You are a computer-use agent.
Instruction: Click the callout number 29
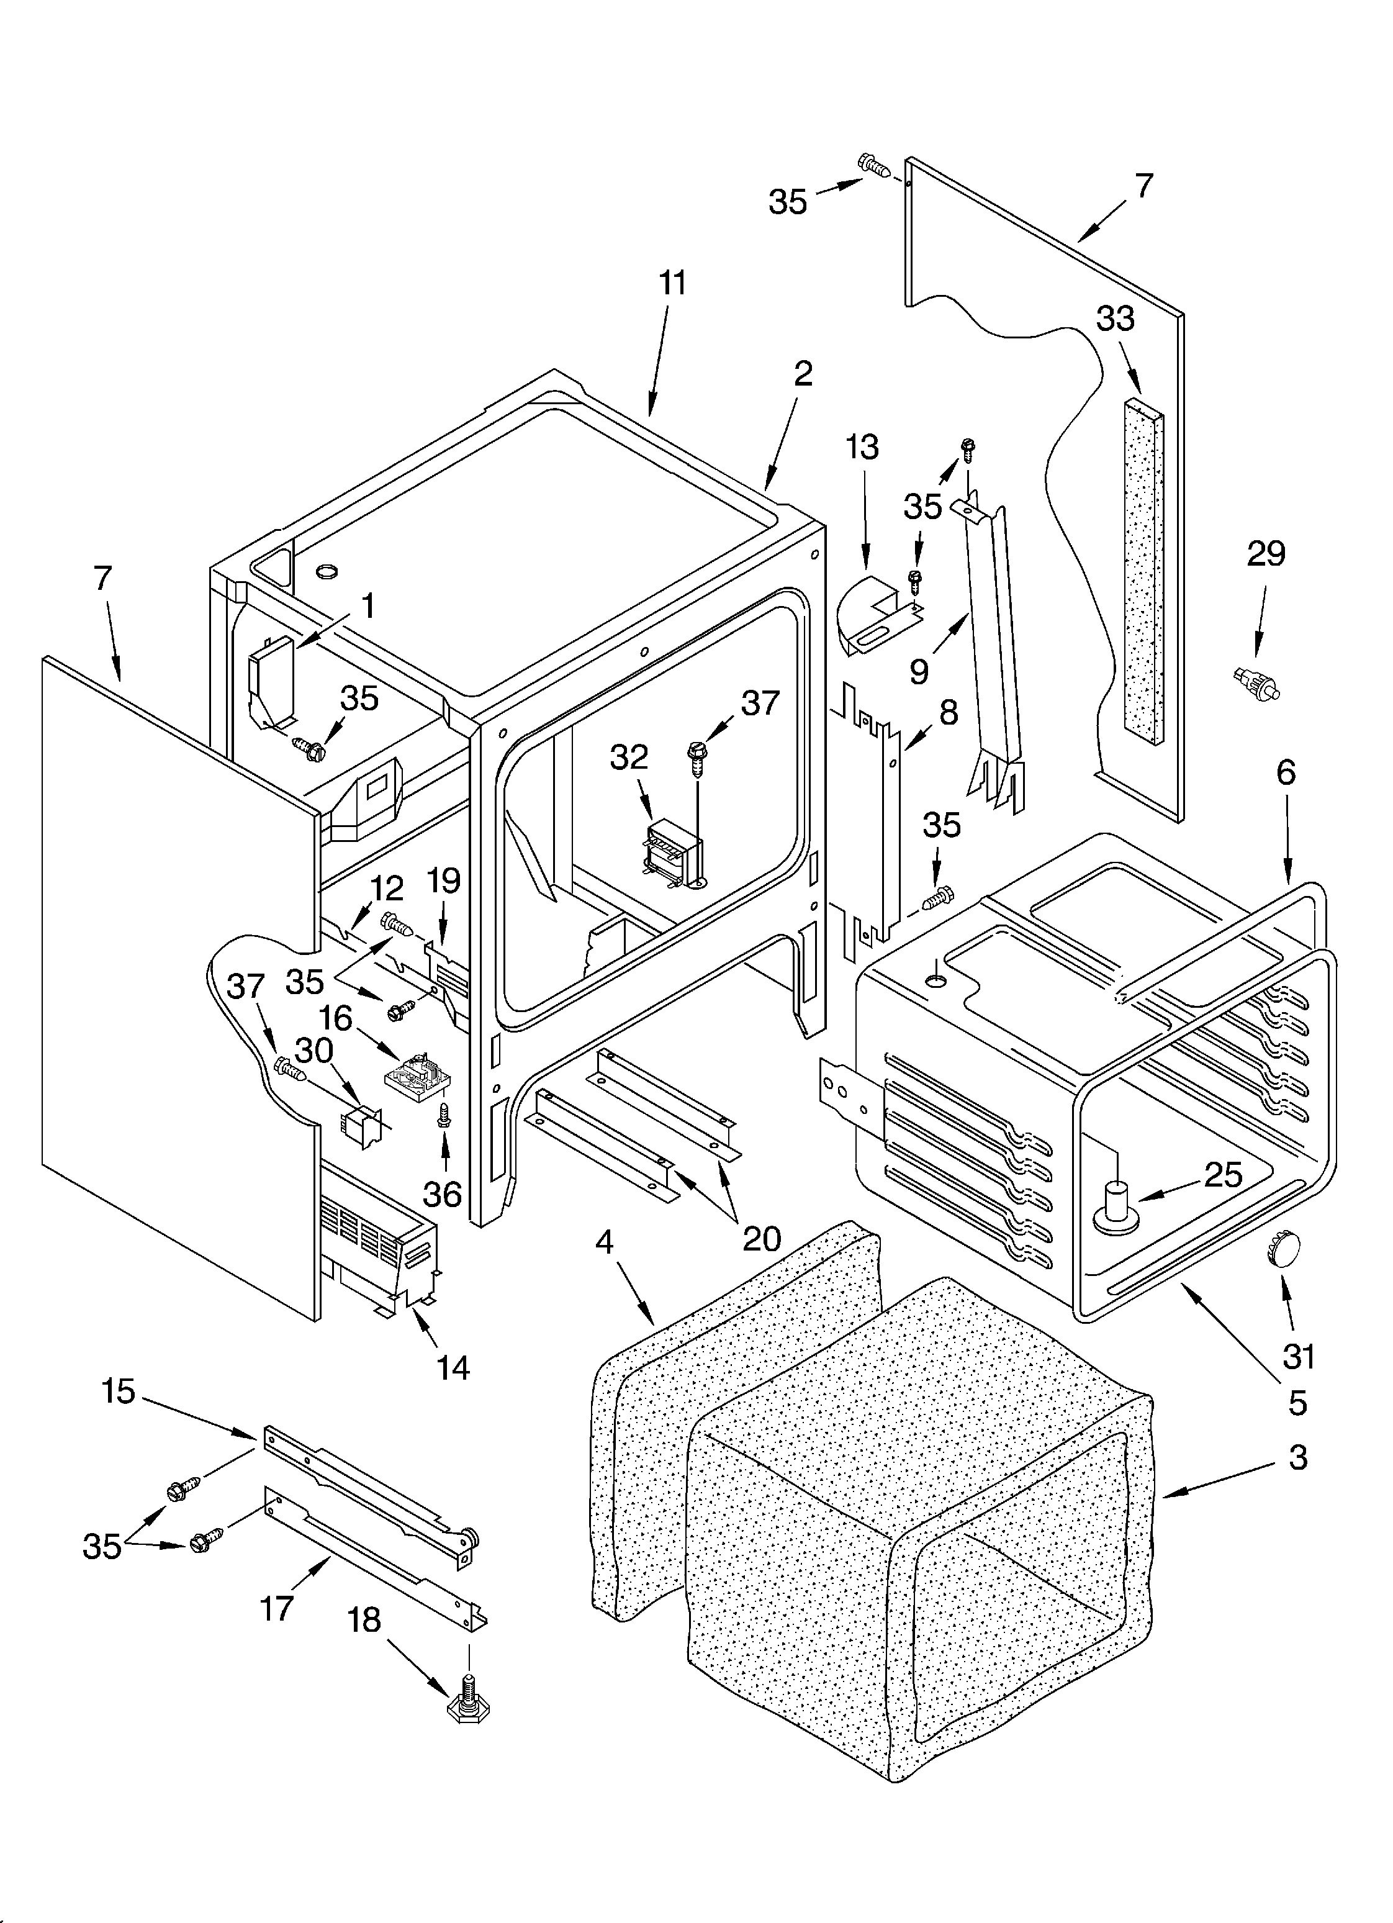click(x=1266, y=554)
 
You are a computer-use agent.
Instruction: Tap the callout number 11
click(x=672, y=283)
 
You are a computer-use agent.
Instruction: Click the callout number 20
click(x=761, y=1239)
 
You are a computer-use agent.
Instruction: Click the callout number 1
click(x=367, y=605)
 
